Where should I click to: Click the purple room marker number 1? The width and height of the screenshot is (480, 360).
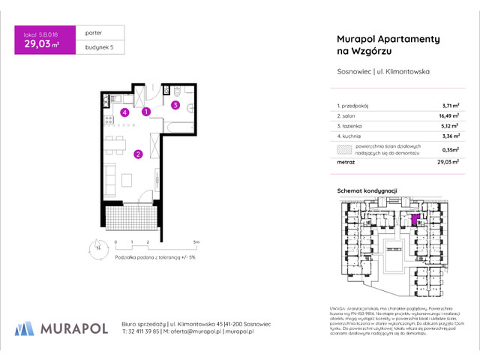(147, 112)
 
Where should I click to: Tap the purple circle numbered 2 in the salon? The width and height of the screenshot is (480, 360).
(138, 155)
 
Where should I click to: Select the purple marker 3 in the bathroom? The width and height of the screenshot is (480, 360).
(175, 106)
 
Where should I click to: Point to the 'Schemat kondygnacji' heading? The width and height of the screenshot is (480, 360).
(366, 192)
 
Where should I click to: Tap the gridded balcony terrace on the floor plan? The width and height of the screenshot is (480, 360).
(130, 217)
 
